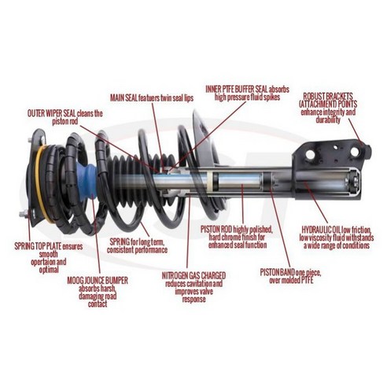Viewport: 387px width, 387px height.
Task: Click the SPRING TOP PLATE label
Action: coord(31,246)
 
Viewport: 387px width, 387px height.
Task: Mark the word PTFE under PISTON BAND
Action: coord(308,278)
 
